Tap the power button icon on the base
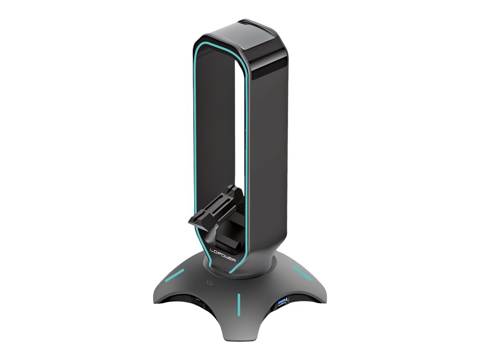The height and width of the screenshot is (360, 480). click(210, 284)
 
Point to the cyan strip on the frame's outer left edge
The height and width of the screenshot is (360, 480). click(193, 141)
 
